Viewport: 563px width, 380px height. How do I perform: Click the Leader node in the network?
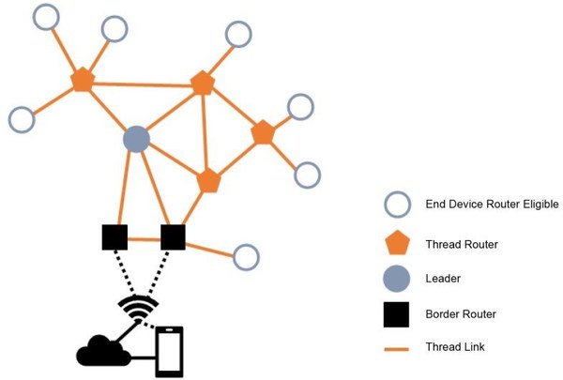[137, 140]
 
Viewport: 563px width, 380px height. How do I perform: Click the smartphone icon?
[169, 352]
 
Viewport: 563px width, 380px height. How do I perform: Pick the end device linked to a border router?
[246, 257]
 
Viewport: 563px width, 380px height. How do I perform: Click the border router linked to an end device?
[173, 237]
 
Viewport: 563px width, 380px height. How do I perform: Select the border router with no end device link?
[114, 237]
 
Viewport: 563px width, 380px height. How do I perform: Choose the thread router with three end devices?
[83, 80]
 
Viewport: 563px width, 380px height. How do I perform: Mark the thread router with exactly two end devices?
[263, 134]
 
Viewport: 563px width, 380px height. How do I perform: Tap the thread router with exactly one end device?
[203, 84]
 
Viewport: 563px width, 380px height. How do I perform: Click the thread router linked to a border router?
[208, 180]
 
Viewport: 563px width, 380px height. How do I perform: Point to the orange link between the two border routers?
[144, 238]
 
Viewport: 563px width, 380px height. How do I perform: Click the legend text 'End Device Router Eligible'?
[492, 205]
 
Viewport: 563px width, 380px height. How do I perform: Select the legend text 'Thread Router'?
[461, 244]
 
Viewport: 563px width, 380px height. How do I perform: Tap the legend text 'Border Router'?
[461, 314]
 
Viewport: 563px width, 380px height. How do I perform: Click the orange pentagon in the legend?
[397, 244]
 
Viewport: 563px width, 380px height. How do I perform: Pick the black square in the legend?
[396, 314]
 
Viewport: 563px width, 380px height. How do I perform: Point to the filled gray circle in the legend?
[397, 279]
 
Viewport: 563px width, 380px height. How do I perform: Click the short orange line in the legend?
[397, 348]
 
